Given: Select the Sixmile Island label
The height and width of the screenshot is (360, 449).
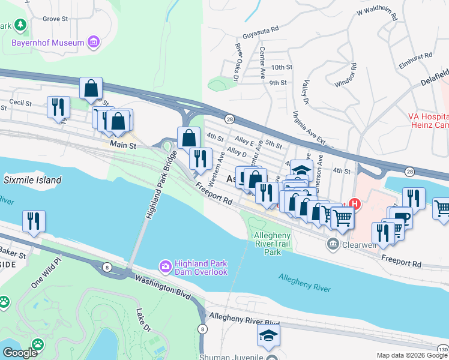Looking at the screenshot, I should click(32, 180).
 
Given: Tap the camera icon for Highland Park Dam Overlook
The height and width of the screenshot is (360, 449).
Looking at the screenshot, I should click(164, 265).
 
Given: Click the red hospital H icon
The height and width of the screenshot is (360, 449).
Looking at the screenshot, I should click(355, 204).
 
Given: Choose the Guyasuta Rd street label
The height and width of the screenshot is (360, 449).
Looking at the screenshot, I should click(261, 28).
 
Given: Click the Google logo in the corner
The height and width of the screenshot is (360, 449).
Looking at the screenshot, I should click(20, 353).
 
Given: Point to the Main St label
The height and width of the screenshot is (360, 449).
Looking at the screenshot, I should click(123, 145).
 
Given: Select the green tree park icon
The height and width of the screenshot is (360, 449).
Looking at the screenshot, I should click(20, 25).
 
